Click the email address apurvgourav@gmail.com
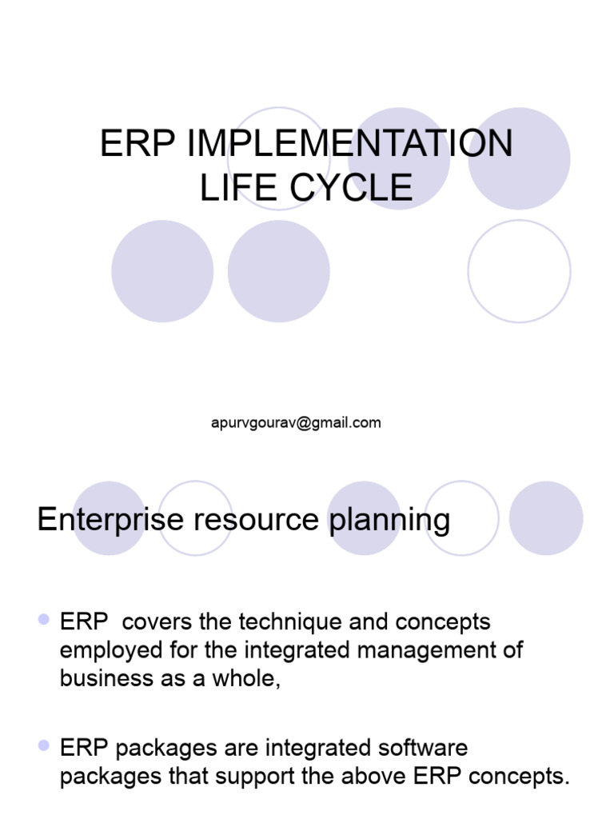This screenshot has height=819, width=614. tap(296, 422)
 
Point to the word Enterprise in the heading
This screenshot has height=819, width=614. tap(110, 520)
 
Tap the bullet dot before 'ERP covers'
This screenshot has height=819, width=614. tap(44, 618)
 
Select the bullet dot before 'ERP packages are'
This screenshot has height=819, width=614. tap(44, 745)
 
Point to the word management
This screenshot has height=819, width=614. tap(432, 649)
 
